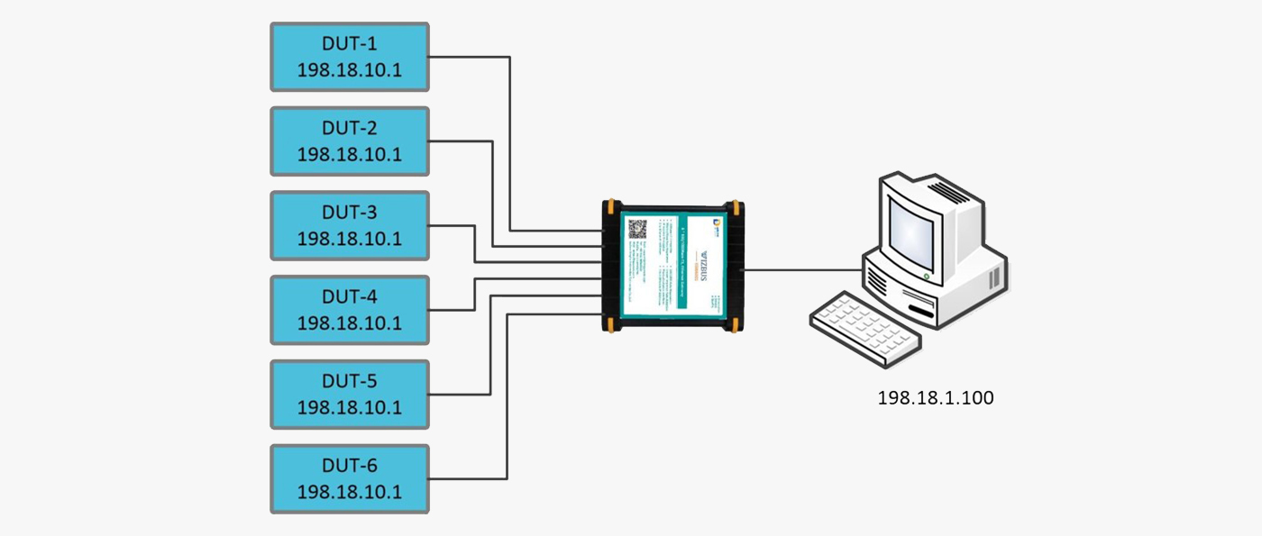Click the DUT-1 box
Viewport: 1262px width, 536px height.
pos(350,57)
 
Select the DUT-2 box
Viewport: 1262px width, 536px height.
pos(350,141)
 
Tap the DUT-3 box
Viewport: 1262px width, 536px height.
pos(350,225)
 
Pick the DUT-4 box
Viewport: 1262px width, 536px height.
pos(350,310)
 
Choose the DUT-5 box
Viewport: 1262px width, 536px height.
pos(350,394)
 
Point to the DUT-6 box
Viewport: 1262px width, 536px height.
pos(350,478)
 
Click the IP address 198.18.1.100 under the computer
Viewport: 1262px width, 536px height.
pos(936,397)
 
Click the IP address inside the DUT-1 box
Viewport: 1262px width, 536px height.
pos(350,70)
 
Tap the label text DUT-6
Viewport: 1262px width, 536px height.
pos(350,466)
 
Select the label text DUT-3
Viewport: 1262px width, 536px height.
pos(350,213)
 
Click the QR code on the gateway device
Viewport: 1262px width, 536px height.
pos(637,229)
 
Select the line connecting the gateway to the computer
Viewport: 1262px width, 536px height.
pos(802,268)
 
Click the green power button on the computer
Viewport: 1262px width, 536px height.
pos(927,276)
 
